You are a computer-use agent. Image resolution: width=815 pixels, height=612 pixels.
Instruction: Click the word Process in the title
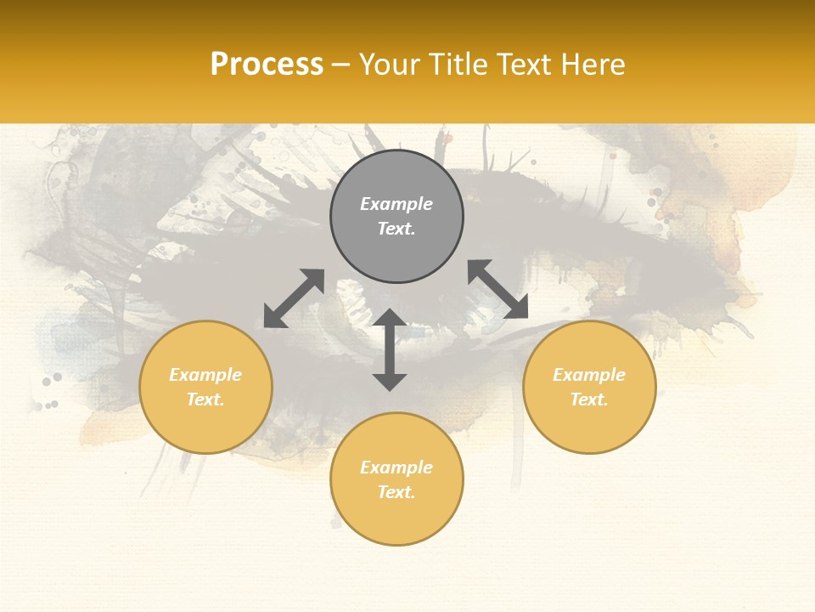click(x=267, y=65)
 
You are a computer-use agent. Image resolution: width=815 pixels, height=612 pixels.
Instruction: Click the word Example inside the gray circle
click(x=396, y=204)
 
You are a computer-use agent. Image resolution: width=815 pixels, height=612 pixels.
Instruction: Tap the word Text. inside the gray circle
click(x=396, y=229)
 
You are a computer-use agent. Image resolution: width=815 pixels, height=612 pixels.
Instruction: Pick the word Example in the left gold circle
click(x=205, y=375)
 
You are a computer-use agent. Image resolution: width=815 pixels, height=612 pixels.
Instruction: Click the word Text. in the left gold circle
click(x=205, y=399)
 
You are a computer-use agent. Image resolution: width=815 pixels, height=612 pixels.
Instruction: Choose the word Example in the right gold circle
click(x=589, y=375)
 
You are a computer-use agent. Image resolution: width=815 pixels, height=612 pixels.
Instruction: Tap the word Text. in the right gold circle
click(x=589, y=399)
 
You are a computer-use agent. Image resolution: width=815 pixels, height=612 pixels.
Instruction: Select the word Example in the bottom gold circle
click(x=396, y=467)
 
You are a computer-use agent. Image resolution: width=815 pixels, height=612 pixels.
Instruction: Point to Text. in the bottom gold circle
click(x=396, y=492)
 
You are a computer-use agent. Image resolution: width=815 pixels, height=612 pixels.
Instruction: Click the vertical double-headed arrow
click(x=390, y=349)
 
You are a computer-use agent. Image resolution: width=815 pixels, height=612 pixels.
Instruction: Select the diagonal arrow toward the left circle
click(x=294, y=298)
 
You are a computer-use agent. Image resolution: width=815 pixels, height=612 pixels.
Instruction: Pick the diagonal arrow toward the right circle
click(x=497, y=289)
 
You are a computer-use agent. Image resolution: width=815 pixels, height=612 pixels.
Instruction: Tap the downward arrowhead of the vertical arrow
click(x=390, y=381)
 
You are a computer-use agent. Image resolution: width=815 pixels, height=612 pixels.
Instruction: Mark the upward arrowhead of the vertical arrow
click(x=390, y=318)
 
